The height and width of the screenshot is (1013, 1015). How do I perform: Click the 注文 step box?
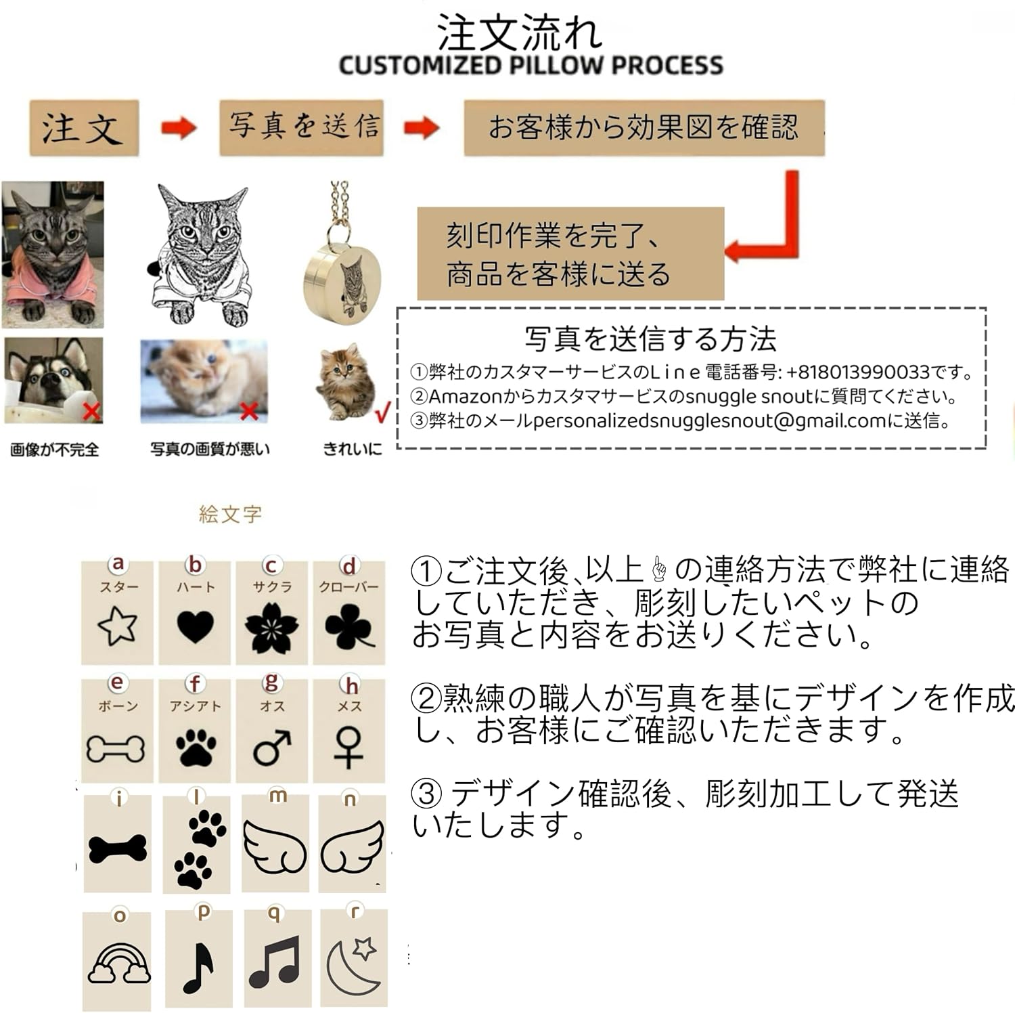coord(84,129)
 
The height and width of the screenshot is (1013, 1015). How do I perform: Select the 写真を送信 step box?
coord(302,127)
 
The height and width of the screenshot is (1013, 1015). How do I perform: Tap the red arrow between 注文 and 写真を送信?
coord(178,127)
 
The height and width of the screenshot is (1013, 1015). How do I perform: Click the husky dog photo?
coord(53,380)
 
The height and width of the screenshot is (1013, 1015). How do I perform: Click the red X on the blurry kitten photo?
coord(250,411)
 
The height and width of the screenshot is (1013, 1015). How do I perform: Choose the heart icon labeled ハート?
coord(196,626)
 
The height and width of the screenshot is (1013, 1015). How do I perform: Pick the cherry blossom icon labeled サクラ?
coord(272,628)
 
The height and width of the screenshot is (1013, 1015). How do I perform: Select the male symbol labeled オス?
coord(272,748)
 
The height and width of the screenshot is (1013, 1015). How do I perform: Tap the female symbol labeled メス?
coord(348,748)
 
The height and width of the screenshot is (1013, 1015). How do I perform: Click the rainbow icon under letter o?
coord(119,964)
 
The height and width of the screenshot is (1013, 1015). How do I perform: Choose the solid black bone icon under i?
coord(118,848)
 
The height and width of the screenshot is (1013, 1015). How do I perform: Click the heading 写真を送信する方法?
coord(650,339)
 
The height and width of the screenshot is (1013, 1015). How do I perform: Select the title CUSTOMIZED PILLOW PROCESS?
coord(531,66)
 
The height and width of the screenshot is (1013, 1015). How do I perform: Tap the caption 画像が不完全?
coord(55,450)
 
